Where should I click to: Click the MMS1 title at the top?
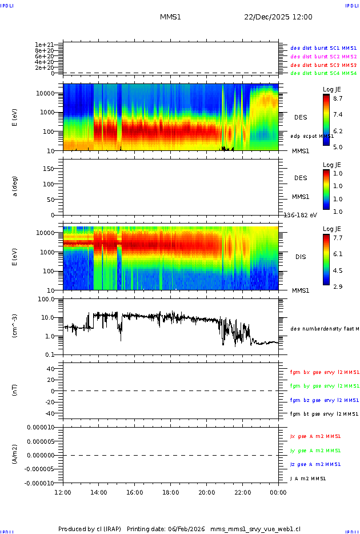click(170, 17)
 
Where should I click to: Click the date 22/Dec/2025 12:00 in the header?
click(278, 17)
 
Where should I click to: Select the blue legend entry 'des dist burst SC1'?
click(323, 49)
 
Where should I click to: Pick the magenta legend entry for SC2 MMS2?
click(323, 57)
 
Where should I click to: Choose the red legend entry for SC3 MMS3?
click(323, 65)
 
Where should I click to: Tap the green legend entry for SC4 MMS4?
click(323, 73)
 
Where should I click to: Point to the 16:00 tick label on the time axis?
click(134, 492)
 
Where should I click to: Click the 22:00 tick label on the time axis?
click(242, 492)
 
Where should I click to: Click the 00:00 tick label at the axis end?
click(278, 492)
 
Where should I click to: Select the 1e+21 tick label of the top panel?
click(44, 45)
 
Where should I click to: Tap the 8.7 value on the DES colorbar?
click(338, 98)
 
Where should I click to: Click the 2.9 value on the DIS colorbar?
click(338, 286)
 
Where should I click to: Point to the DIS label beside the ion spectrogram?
click(300, 257)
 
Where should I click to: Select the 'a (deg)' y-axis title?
click(15, 186)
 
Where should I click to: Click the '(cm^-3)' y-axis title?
click(15, 326)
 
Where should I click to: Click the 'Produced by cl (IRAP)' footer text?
click(90, 528)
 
